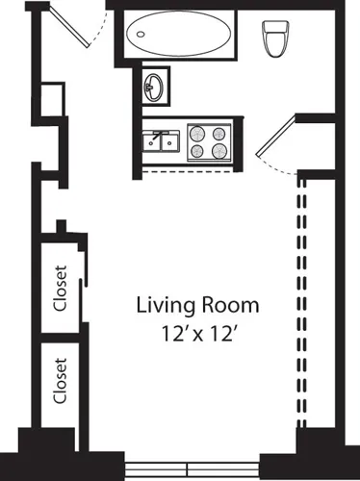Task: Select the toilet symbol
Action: (274, 38)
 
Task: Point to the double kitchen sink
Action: (161, 142)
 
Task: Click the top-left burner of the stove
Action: (198, 133)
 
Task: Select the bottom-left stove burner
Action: (198, 151)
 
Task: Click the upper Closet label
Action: (61, 290)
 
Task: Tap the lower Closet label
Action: (61, 382)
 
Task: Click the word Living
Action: (166, 307)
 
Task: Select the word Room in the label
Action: (229, 307)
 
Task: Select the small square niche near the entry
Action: (52, 99)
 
